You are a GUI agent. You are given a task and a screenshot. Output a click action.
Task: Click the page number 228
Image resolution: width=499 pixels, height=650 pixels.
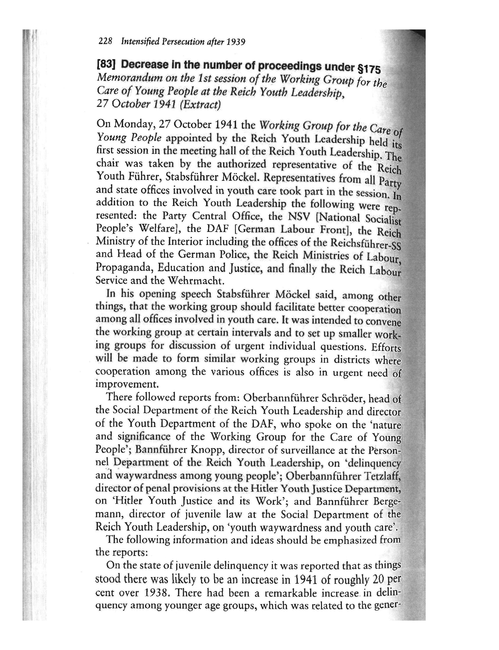coord(105,41)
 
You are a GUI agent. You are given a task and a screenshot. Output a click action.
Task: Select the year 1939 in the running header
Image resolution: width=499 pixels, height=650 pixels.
coord(236,42)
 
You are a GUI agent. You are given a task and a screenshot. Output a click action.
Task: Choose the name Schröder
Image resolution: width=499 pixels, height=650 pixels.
coord(344,398)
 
